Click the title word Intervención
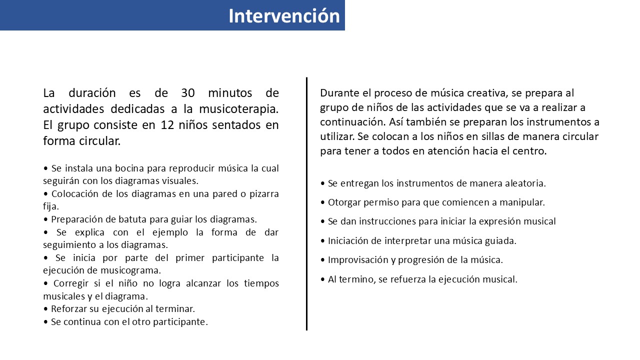(x=284, y=15)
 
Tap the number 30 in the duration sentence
(x=187, y=93)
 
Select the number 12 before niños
(x=167, y=125)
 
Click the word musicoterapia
(x=238, y=109)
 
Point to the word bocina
(x=129, y=168)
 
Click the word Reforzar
(x=68, y=309)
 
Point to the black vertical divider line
(x=306, y=203)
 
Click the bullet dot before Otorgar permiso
(x=322, y=202)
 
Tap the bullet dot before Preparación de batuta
(x=45, y=219)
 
